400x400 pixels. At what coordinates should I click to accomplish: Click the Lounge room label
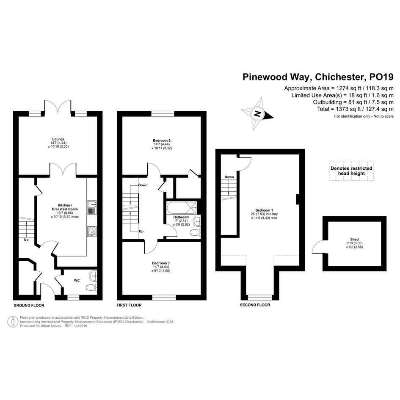pyautogui.click(x=58, y=139)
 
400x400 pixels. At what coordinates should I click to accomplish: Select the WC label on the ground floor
pyautogui.click(x=77, y=280)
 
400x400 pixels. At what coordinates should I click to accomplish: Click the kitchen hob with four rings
pyautogui.click(x=92, y=231)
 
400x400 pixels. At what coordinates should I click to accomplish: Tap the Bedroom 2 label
pyautogui.click(x=162, y=140)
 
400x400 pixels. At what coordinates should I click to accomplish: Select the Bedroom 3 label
pyautogui.click(x=161, y=263)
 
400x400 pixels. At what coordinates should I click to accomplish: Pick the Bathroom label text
pyautogui.click(x=182, y=217)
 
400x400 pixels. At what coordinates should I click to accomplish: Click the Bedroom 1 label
pyautogui.click(x=264, y=210)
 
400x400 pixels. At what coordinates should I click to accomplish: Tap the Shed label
pyautogui.click(x=354, y=239)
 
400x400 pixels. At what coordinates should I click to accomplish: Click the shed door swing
pyautogui.click(x=317, y=247)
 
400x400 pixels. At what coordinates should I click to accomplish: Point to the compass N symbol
pyautogui.click(x=257, y=114)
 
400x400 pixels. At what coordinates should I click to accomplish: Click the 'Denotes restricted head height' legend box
pyautogui.click(x=351, y=171)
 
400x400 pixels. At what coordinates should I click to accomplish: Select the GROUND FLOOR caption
pyautogui.click(x=29, y=305)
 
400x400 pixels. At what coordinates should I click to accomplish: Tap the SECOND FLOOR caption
pyautogui.click(x=255, y=305)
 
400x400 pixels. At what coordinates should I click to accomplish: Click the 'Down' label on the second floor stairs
pyautogui.click(x=229, y=177)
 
